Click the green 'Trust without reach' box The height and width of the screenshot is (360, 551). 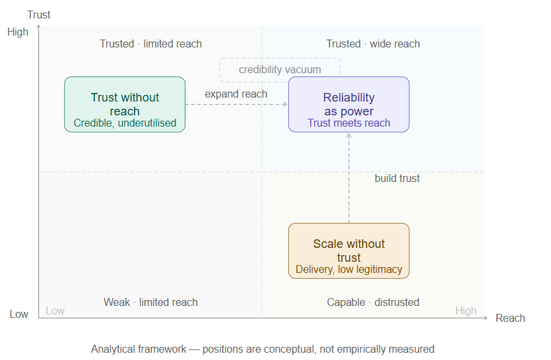pyautogui.click(x=125, y=104)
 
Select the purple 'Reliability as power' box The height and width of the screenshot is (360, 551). pyautogui.click(x=349, y=104)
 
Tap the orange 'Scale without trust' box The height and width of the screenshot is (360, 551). pyautogui.click(x=349, y=251)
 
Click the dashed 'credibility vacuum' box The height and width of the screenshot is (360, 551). pyautogui.click(x=280, y=69)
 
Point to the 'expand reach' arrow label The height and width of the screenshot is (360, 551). pyautogui.click(x=236, y=94)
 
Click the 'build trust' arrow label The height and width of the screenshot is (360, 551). pyautogui.click(x=397, y=179)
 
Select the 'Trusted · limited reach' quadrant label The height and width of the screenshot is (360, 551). pyautogui.click(x=150, y=44)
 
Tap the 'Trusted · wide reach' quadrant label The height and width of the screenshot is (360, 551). pyautogui.click(x=373, y=44)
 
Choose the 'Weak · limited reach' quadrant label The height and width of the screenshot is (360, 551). pyautogui.click(x=150, y=303)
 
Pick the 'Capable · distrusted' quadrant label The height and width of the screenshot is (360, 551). pyautogui.click(x=373, y=303)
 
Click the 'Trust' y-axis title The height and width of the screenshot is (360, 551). pyautogui.click(x=39, y=15)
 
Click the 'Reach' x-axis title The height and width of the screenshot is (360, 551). pyautogui.click(x=510, y=318)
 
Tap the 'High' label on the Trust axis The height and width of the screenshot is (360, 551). pyautogui.click(x=18, y=32)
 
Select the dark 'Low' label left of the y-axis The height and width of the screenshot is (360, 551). pyautogui.click(x=19, y=314)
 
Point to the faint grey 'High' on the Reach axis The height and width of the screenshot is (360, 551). pyautogui.click(x=466, y=311)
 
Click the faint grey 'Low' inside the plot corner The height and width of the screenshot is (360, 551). pyautogui.click(x=55, y=311)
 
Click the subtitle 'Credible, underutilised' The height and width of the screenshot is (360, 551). pyautogui.click(x=125, y=123)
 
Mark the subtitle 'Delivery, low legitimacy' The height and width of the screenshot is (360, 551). pyautogui.click(x=349, y=270)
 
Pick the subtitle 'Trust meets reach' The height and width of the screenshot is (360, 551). pyautogui.click(x=349, y=123)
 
